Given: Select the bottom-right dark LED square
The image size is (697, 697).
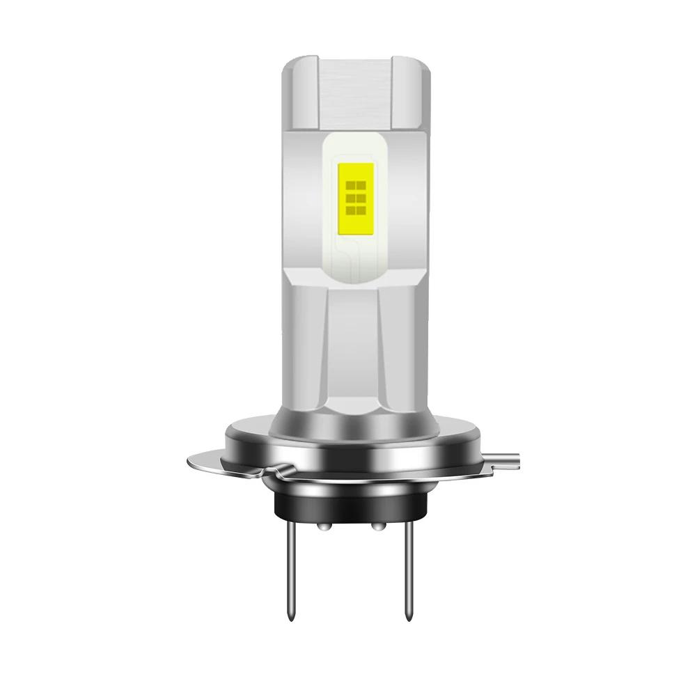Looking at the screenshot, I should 361,210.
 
